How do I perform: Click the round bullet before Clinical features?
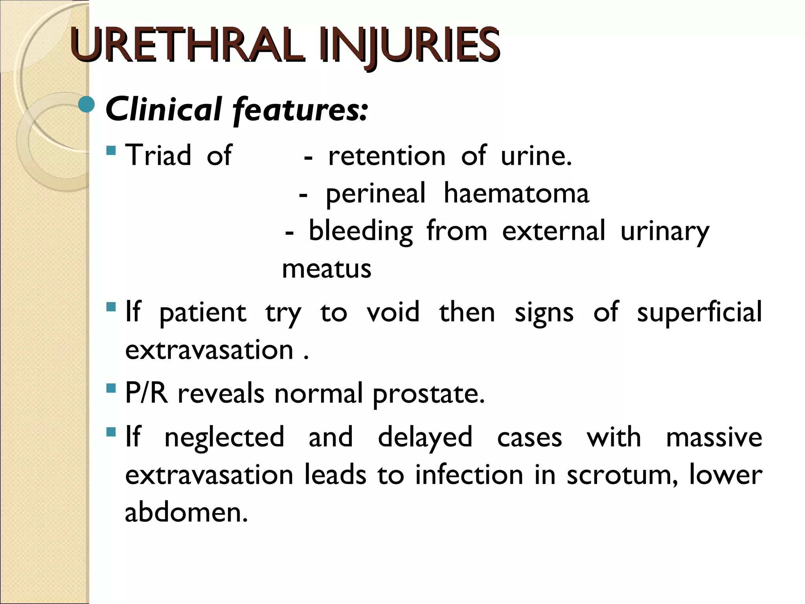pyautogui.click(x=86, y=105)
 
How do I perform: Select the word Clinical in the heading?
pyautogui.click(x=164, y=109)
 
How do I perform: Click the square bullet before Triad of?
pyautogui.click(x=111, y=150)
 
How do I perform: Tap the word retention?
pyautogui.click(x=387, y=156)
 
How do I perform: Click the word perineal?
pyautogui.click(x=375, y=193)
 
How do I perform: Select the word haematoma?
pyautogui.click(x=516, y=193)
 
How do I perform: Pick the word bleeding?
pyautogui.click(x=360, y=231)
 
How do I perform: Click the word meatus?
pyautogui.click(x=327, y=269)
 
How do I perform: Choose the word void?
pyautogui.click(x=393, y=312)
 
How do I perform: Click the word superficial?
pyautogui.click(x=699, y=312)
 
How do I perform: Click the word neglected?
pyautogui.click(x=224, y=437)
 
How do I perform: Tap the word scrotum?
pyautogui.click(x=622, y=475)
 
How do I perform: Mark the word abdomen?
pyautogui.click(x=186, y=512)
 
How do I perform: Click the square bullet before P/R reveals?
pyautogui.click(x=111, y=389)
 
